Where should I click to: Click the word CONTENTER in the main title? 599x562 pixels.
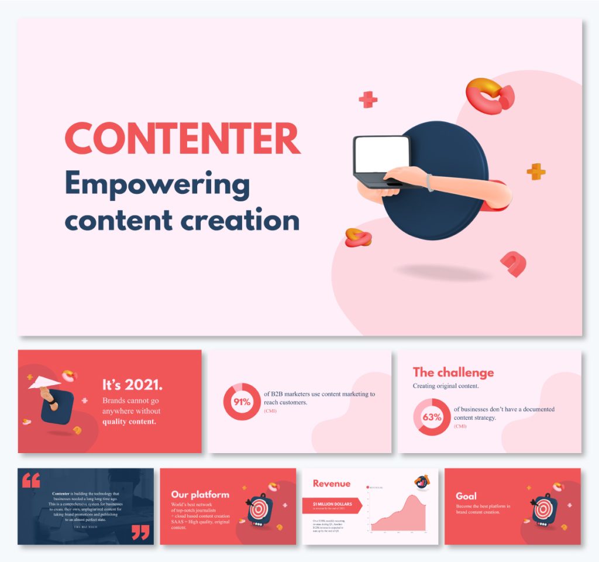pyautogui.click(x=182, y=138)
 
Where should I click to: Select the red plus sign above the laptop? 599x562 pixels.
pyautogui.click(x=368, y=100)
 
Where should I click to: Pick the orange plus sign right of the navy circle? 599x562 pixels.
pyautogui.click(x=536, y=172)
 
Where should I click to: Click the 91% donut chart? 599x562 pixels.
pyautogui.click(x=242, y=402)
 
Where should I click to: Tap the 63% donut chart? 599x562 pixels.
pyautogui.click(x=432, y=417)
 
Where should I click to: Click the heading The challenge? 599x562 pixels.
pyautogui.click(x=453, y=372)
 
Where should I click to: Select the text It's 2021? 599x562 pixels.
pyautogui.click(x=132, y=385)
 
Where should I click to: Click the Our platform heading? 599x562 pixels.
pyautogui.click(x=200, y=495)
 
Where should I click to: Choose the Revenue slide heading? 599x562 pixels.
pyautogui.click(x=331, y=484)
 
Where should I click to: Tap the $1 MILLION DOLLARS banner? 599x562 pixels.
pyautogui.click(x=331, y=505)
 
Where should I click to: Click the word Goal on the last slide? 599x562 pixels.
pyautogui.click(x=466, y=496)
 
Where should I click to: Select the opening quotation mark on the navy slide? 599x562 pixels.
pyautogui.click(x=31, y=481)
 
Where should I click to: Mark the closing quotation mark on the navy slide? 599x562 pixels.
pyautogui.click(x=140, y=532)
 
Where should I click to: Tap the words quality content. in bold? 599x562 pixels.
pyautogui.click(x=129, y=421)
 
